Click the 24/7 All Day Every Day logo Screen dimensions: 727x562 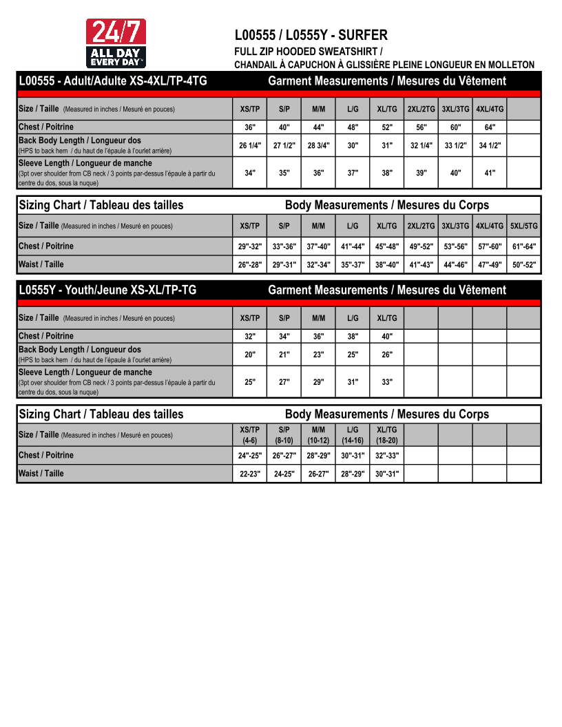point(115,43)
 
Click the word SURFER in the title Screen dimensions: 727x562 point(363,35)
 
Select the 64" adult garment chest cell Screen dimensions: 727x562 point(490,127)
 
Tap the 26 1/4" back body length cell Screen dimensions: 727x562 point(250,145)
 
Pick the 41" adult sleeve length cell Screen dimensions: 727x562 point(490,173)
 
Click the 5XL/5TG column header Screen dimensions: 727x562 point(524,226)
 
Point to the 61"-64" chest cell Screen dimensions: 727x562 point(524,246)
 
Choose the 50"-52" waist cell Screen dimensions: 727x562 point(524,265)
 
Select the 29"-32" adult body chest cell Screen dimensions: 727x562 point(250,246)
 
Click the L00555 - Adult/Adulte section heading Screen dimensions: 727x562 point(113,81)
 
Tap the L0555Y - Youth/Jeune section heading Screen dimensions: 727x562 point(107,290)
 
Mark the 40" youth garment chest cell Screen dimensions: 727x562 point(387,337)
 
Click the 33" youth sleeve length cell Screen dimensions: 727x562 point(387,382)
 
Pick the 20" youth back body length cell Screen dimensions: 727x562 point(250,355)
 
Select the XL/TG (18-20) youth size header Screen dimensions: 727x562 point(387,435)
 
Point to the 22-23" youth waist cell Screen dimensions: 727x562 point(250,474)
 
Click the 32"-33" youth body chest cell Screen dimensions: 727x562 point(387,456)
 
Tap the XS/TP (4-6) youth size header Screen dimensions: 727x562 point(250,435)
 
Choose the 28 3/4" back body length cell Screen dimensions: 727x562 point(318,145)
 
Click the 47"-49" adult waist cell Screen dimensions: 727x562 point(490,265)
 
